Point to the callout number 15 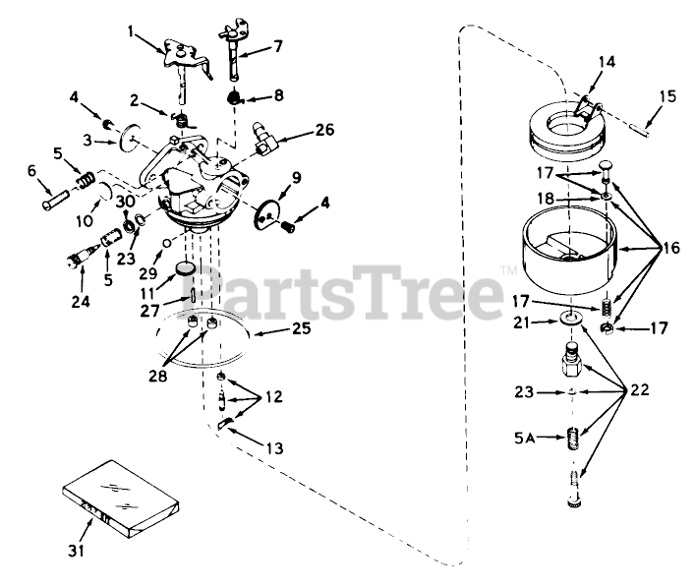pyautogui.click(x=667, y=95)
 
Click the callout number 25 pyautogui.click(x=302, y=329)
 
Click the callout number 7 pyautogui.click(x=278, y=45)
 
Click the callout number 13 pyautogui.click(x=274, y=448)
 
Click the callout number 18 pyautogui.click(x=544, y=198)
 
